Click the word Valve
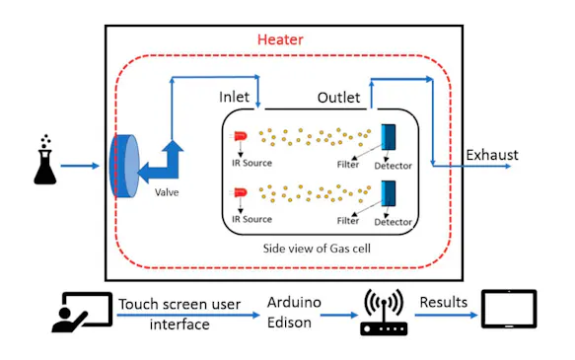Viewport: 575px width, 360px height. pos(167,192)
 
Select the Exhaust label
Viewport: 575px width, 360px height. pos(491,155)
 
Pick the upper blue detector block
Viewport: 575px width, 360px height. pos(388,138)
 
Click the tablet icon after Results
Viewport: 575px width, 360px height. pos(508,309)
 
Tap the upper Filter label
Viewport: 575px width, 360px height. pos(348,165)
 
